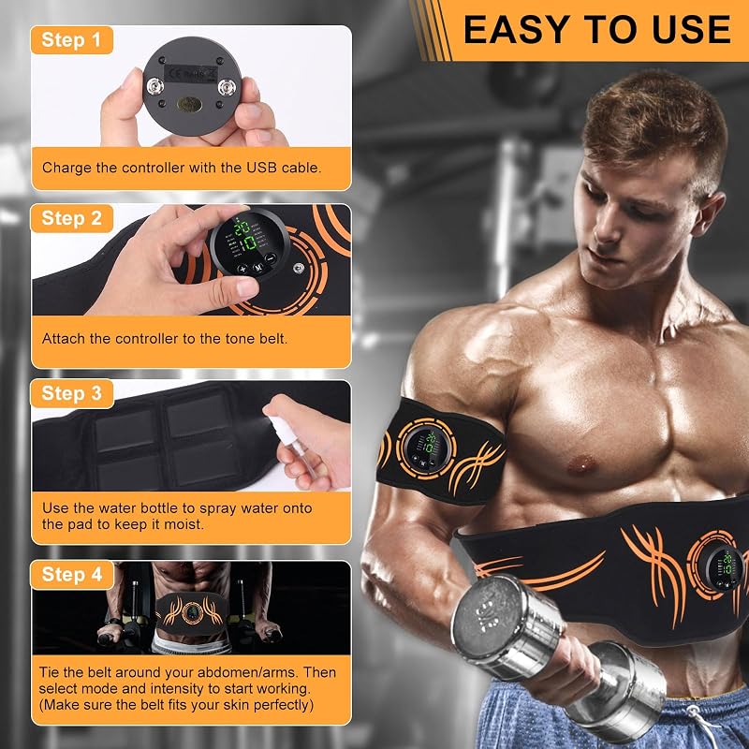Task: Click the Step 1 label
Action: (x=72, y=39)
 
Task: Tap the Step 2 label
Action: (x=72, y=218)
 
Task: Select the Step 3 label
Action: (x=72, y=393)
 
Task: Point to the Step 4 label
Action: (x=72, y=574)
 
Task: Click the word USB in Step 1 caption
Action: (x=262, y=168)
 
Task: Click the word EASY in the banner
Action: (x=520, y=30)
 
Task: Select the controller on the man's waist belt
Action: (x=724, y=567)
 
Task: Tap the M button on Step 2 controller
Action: (x=258, y=268)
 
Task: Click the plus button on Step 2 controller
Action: (x=242, y=269)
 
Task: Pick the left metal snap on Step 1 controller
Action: (x=154, y=87)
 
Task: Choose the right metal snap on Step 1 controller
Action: (x=227, y=87)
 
